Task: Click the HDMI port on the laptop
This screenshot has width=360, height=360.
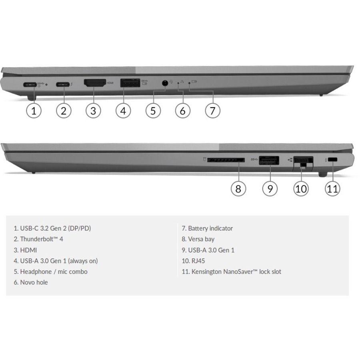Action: [x=95, y=83]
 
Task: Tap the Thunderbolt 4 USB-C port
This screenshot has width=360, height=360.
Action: [x=63, y=84]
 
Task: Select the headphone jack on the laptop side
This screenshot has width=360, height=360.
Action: [x=165, y=83]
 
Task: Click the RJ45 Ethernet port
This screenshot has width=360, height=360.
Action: [x=303, y=163]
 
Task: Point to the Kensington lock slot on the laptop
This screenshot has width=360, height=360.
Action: [x=332, y=160]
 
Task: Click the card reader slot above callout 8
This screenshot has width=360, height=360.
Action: [x=226, y=160]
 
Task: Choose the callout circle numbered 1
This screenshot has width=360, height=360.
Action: [x=34, y=111]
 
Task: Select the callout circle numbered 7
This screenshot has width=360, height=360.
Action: [x=213, y=111]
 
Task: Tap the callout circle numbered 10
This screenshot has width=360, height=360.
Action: [x=301, y=189]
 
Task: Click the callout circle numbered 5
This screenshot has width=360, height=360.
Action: [x=153, y=111]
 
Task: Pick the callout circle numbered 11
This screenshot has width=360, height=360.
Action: [x=332, y=189]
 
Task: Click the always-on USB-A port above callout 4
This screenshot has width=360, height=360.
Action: [x=130, y=83]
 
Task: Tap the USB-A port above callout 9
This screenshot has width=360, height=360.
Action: [x=269, y=160]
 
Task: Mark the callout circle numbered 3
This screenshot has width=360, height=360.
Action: [x=93, y=111]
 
